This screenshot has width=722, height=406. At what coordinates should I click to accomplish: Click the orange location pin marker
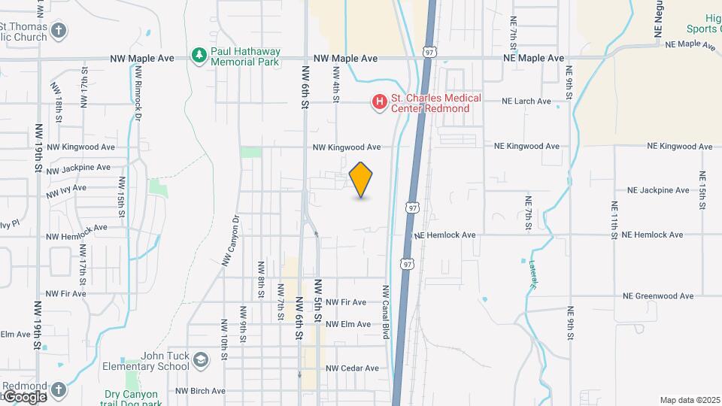pyautogui.click(x=361, y=179)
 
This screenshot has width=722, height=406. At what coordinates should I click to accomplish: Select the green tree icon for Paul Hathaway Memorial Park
pyautogui.click(x=199, y=55)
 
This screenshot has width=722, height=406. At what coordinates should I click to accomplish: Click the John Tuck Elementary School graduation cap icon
pyautogui.click(x=200, y=360)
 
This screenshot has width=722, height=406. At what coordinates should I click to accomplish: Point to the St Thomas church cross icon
pyautogui.click(x=59, y=31)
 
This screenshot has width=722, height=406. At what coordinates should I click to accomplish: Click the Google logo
pyautogui.click(x=24, y=396)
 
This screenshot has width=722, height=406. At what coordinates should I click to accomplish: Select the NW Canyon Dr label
pyautogui.click(x=229, y=241)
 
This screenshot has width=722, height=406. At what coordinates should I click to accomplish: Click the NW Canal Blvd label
pyautogui.click(x=386, y=311)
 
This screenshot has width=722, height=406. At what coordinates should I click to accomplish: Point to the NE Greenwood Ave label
pyautogui.click(x=658, y=296)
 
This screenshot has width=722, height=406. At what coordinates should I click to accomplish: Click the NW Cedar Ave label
pyautogui.click(x=352, y=368)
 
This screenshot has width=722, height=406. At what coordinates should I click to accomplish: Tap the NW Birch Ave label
pyautogui.click(x=200, y=391)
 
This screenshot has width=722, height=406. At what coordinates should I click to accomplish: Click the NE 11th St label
pyautogui.click(x=614, y=220)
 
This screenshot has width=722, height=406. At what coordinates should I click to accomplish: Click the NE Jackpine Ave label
pyautogui.click(x=658, y=190)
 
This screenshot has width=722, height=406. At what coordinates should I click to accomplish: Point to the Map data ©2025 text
pyautogui.click(x=688, y=400)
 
